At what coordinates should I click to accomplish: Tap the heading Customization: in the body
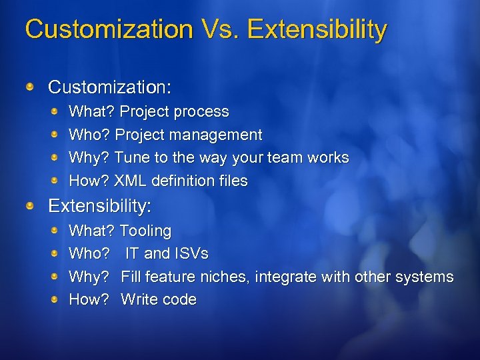(x=110, y=87)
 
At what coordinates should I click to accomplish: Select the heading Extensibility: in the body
(x=100, y=206)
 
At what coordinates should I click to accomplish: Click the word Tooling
(x=145, y=231)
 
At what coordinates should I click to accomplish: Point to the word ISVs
(x=191, y=254)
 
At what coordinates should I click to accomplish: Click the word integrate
(x=286, y=277)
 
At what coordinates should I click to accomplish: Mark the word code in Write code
(x=181, y=300)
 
